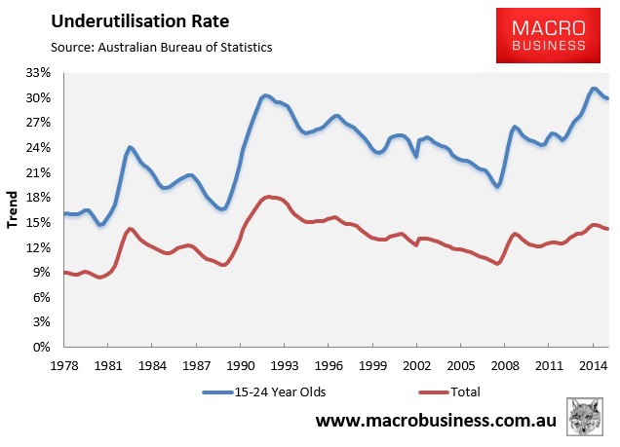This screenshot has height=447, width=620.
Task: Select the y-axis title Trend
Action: click(13, 209)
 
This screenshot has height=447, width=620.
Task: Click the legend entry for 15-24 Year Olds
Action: click(265, 391)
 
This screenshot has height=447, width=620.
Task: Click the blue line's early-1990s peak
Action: click(265, 95)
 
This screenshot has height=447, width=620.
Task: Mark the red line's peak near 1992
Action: click(269, 197)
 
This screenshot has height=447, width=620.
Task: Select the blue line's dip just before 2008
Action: click(497, 186)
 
